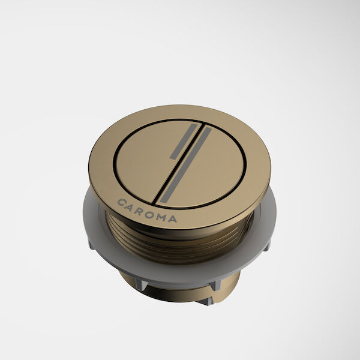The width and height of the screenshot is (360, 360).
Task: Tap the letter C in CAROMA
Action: click(x=122, y=202)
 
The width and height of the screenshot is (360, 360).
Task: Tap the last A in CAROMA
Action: click(x=173, y=219)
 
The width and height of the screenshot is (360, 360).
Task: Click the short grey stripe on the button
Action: click(x=182, y=142)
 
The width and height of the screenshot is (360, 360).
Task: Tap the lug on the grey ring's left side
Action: click(x=91, y=242)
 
